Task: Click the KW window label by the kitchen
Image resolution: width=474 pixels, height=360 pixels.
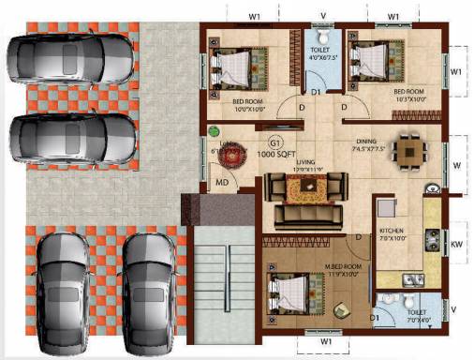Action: pyautogui.click(x=457, y=245)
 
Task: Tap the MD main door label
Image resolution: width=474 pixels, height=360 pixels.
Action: pyautogui.click(x=222, y=182)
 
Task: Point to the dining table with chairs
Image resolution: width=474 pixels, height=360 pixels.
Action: pyautogui.click(x=408, y=150)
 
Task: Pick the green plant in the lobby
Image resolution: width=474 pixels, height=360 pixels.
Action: pyautogui.click(x=214, y=133)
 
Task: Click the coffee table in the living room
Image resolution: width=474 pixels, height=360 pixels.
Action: pyautogui.click(x=305, y=189)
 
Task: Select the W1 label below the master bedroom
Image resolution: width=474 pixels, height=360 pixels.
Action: pyautogui.click(x=326, y=342)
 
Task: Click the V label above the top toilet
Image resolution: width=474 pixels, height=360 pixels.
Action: pyautogui.click(x=322, y=16)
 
